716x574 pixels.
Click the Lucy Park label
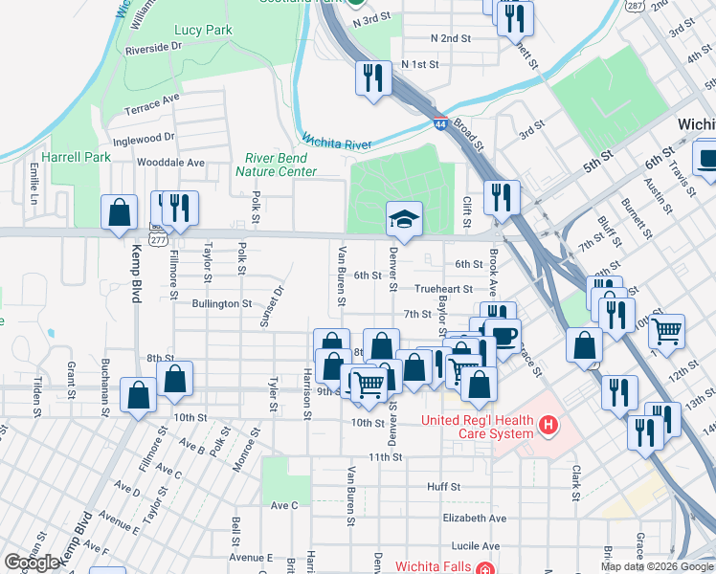pyautogui.click(x=203, y=31)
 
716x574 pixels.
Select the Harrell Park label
pyautogui.click(x=64, y=156)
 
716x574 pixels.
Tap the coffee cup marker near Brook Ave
pyautogui.click(x=502, y=337)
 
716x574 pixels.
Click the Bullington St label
pyautogui.click(x=221, y=303)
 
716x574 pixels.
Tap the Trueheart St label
pyautogui.click(x=443, y=288)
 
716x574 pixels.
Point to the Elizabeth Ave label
pyautogui.click(x=474, y=518)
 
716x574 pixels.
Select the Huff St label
pyautogui.click(x=443, y=486)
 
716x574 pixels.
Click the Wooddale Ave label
pyautogui.click(x=171, y=163)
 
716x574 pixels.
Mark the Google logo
pyautogui.click(x=32, y=563)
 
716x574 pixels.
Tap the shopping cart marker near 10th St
pyautogui.click(x=368, y=385)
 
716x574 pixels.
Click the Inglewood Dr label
pyautogui.click(x=143, y=138)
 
